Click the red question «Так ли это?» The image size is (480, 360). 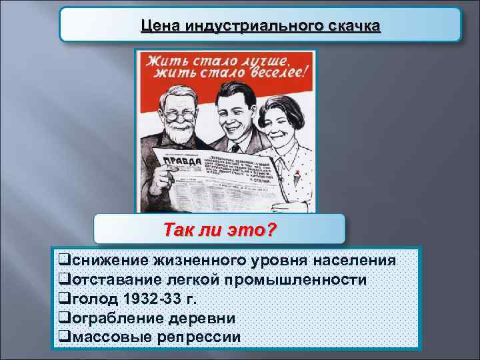pyautogui.click(x=220, y=229)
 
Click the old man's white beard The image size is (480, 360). pyautogui.click(x=179, y=136)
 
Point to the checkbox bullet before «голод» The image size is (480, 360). pyautogui.click(x=64, y=299)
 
